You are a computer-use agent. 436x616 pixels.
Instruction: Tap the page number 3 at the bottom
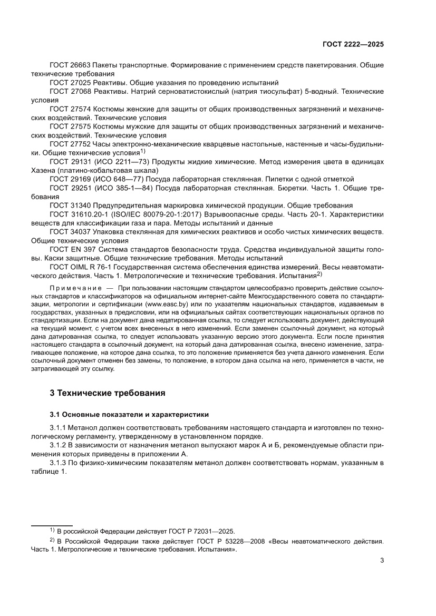[382, 561]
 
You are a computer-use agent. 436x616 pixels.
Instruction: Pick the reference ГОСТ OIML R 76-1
[81, 267]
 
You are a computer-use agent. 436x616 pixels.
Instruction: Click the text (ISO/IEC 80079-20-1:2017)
[156, 214]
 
